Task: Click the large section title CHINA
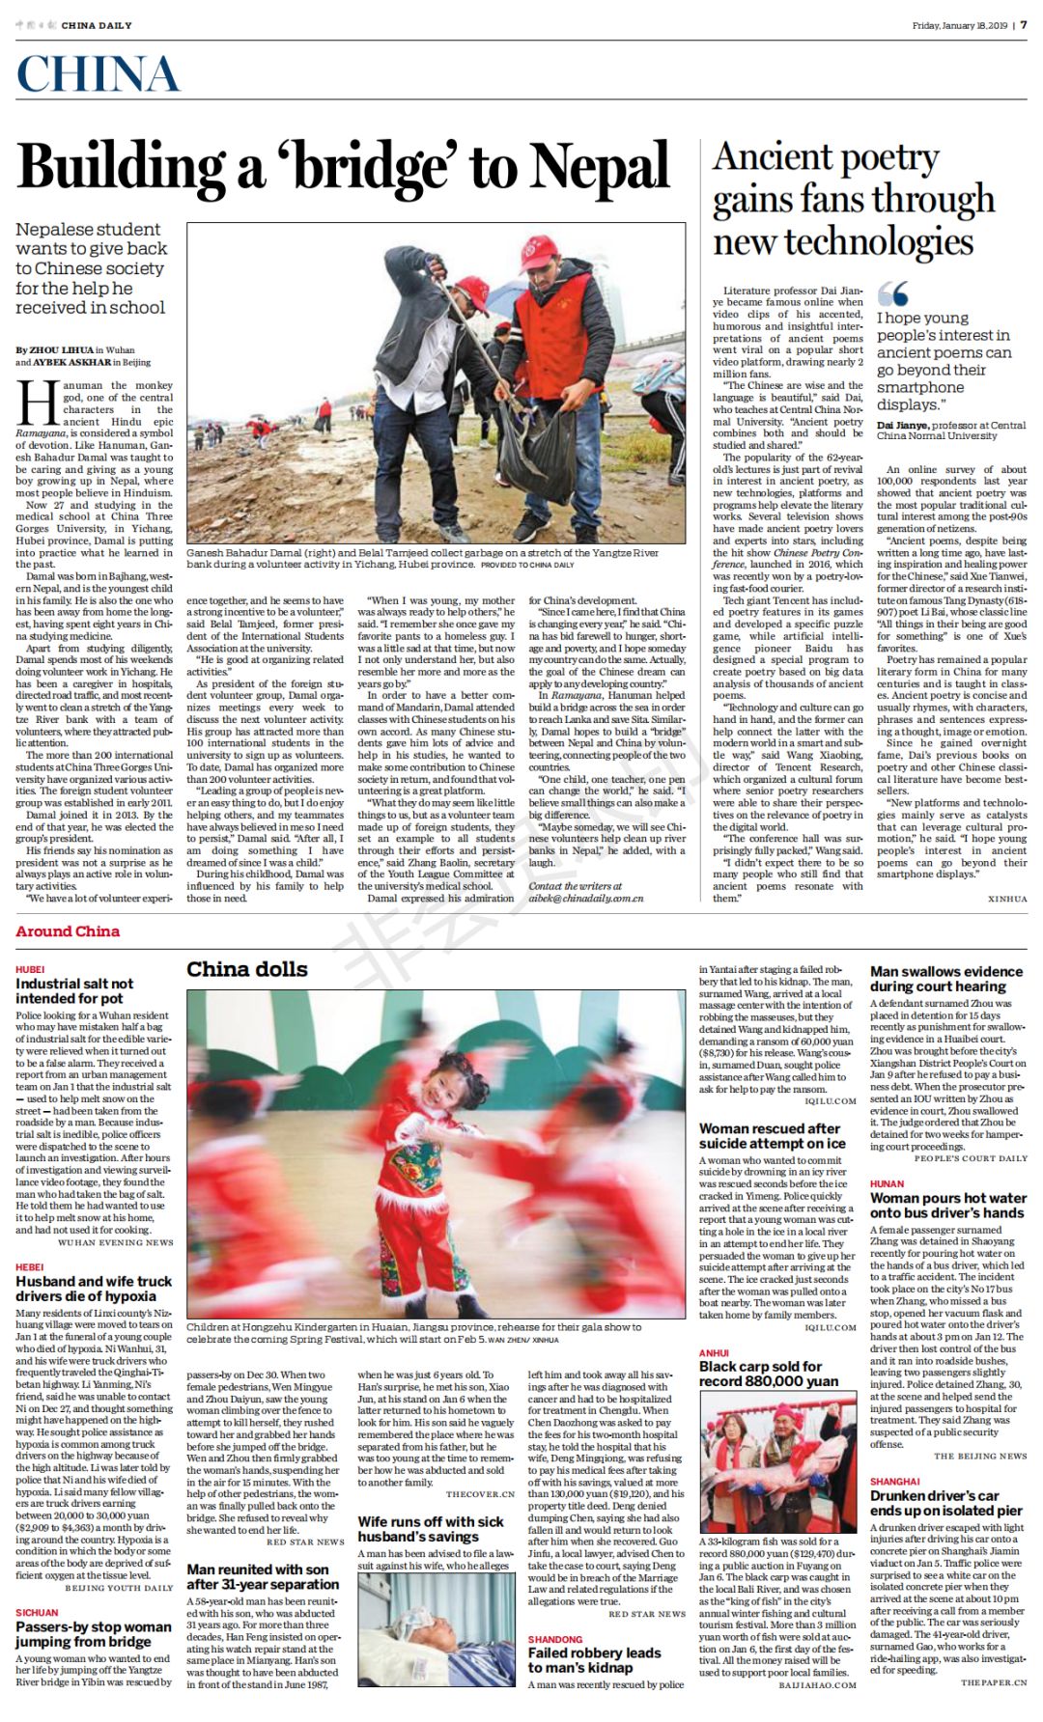[98, 75]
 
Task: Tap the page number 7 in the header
[1024, 25]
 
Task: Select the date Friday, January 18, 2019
[959, 25]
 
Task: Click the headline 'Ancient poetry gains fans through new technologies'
[854, 200]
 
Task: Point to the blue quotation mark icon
[892, 293]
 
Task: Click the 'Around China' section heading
[68, 931]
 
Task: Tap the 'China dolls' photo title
[247, 969]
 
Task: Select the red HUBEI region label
[30, 968]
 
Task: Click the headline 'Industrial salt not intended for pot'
[74, 991]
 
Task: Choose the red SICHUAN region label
[37, 1613]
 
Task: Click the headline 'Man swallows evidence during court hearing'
[945, 979]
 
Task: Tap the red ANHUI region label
[714, 1353]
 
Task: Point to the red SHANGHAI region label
[894, 1482]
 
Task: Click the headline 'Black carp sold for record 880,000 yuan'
[769, 1374]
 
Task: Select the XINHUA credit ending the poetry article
[1007, 899]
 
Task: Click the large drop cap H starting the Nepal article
[38, 403]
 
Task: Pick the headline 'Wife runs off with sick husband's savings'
[431, 1529]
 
